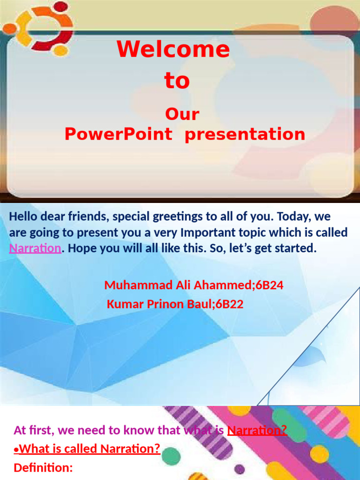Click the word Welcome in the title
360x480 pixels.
click(173, 50)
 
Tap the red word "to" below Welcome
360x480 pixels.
click(177, 81)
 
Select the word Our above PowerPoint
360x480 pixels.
click(182, 114)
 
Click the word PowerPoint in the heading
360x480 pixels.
click(118, 135)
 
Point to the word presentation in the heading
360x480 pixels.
click(245, 135)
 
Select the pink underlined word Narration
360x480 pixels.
click(35, 248)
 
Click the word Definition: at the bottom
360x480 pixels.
click(43, 467)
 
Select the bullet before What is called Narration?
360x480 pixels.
click(16, 450)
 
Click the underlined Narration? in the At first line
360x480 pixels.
click(257, 430)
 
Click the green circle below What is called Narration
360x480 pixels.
click(172, 454)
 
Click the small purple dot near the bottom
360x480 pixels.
click(240, 469)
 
